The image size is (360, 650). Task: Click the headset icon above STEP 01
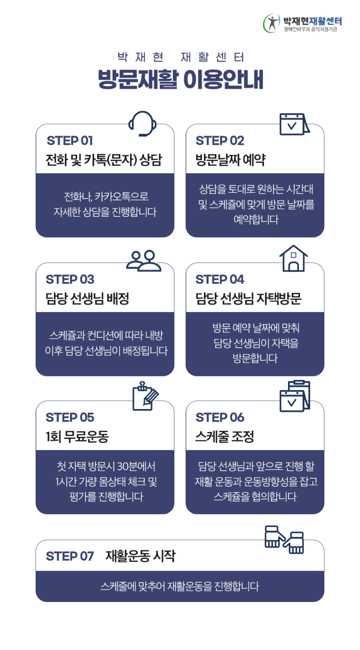tap(142, 124)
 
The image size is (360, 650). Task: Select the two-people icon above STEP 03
tap(144, 261)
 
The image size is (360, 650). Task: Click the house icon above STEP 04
tap(293, 259)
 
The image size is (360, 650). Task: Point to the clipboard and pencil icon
tap(145, 396)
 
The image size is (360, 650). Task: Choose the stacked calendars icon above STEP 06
tap(295, 396)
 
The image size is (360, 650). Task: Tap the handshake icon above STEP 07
tap(284, 540)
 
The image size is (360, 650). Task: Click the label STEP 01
tap(70, 141)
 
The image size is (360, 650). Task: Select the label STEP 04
tap(220, 279)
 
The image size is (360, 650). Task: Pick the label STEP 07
tap(70, 556)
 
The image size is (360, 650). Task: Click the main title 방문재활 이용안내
tap(180, 79)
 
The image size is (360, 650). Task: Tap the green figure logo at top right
tap(271, 23)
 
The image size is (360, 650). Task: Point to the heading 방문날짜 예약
tap(230, 160)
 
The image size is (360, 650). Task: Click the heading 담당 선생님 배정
tap(87, 298)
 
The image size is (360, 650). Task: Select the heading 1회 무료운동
tap(77, 436)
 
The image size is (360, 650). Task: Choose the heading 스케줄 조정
tap(224, 436)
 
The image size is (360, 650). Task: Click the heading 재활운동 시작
tap(140, 556)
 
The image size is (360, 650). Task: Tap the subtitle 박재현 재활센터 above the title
tap(180, 57)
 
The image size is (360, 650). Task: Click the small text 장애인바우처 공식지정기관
tap(310, 29)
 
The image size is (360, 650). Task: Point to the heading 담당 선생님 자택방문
tap(248, 298)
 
